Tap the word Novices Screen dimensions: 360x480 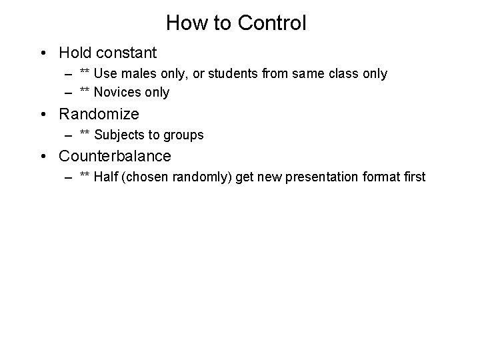118,93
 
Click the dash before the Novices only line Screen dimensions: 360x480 69,93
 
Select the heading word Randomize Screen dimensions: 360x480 99,114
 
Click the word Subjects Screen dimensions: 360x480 119,135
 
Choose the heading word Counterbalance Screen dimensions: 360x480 115,156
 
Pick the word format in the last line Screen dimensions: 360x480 383,178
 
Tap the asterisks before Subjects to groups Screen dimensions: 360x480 85,134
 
